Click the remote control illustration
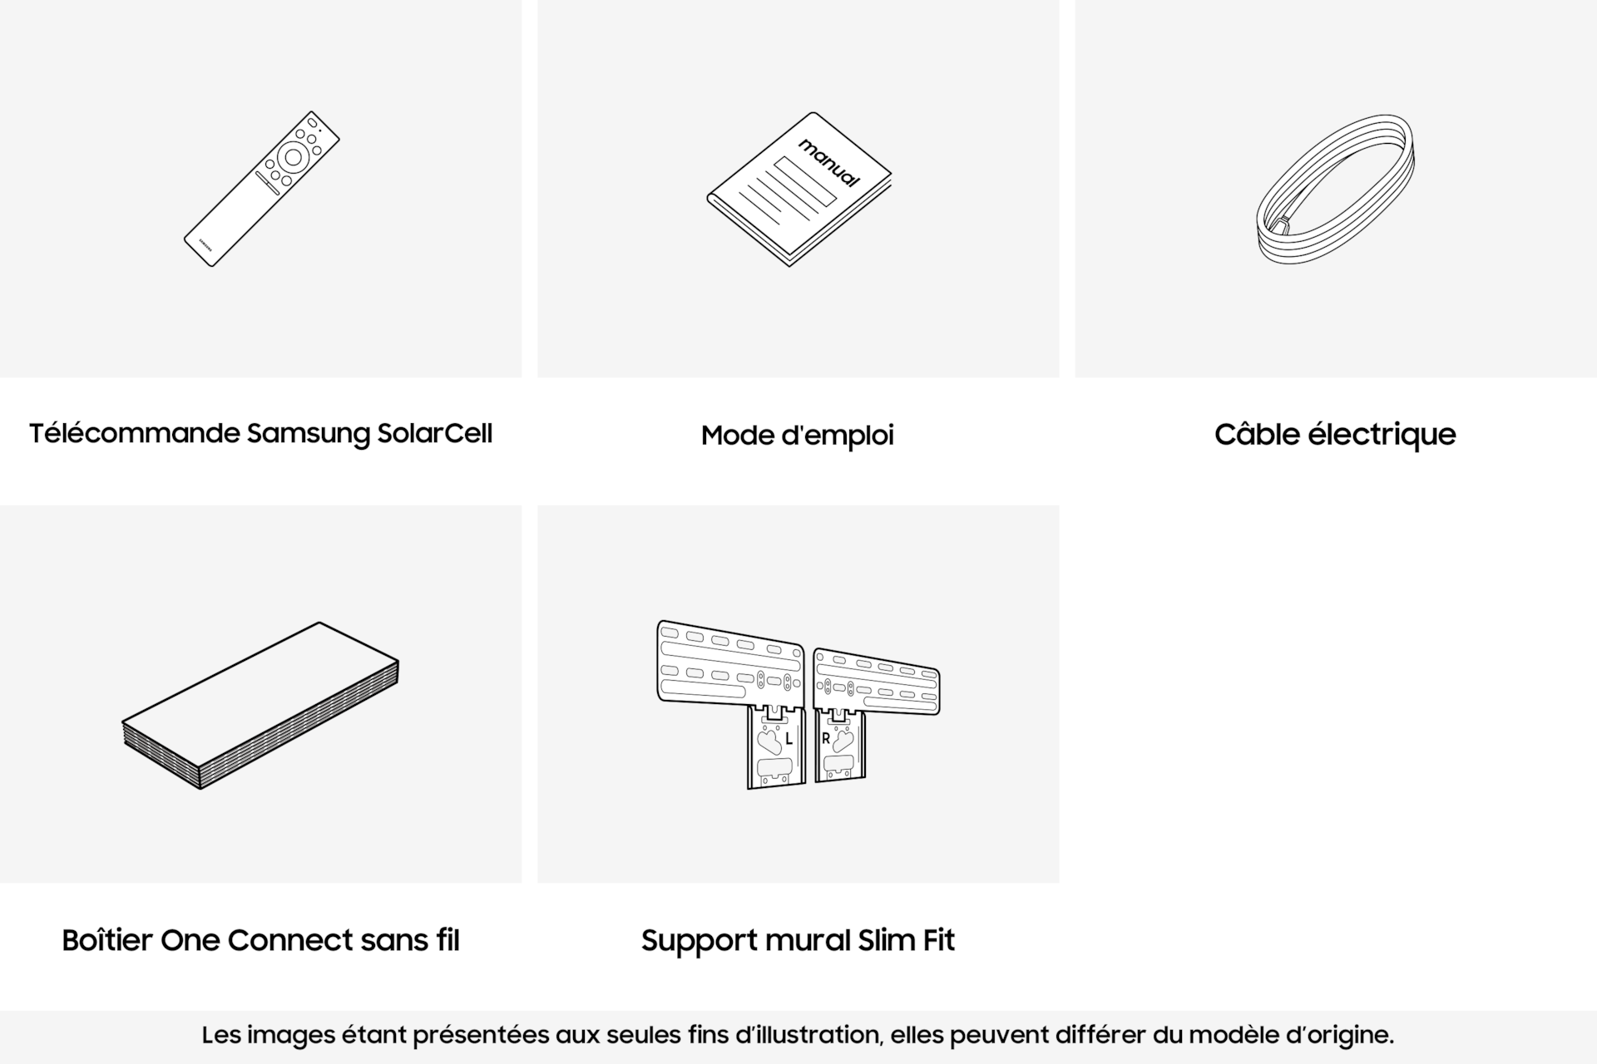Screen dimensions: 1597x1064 point(261,189)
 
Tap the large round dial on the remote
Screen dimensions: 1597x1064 point(293,156)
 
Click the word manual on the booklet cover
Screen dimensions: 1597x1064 point(829,162)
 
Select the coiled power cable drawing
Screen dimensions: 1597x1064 point(1336,190)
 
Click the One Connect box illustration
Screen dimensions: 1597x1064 point(260,705)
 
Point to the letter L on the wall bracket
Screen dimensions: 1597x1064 point(789,739)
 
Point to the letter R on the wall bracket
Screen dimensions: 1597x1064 point(826,738)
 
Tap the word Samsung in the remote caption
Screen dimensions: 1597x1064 point(309,435)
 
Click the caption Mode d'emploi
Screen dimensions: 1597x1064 point(798,436)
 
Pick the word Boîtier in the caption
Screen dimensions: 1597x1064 point(107,940)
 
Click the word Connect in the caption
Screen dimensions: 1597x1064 point(290,940)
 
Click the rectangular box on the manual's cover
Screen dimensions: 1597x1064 point(805,181)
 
